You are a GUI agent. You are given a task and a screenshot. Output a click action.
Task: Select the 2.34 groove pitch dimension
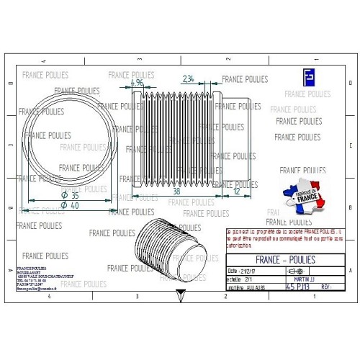tap(187, 78)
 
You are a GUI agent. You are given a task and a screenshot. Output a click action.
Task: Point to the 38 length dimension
tap(177, 192)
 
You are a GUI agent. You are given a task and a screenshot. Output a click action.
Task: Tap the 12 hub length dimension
tap(237, 192)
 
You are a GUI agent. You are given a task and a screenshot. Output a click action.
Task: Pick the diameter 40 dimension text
tap(70, 206)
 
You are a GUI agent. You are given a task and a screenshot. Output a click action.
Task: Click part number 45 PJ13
tap(299, 286)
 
